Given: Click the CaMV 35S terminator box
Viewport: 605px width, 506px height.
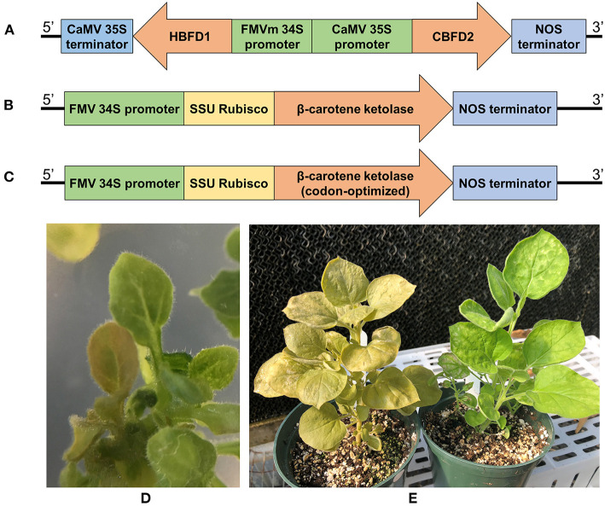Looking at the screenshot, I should point(97,38).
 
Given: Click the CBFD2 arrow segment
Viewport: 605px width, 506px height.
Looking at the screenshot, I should point(451,38).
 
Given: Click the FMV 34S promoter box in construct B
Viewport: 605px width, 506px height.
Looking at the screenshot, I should point(124,109).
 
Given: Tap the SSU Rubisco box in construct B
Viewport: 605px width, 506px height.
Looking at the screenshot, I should point(229,109).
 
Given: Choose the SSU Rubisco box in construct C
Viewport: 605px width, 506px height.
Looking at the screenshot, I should point(229,183).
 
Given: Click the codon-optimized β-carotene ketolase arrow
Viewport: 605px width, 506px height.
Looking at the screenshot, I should point(358,183).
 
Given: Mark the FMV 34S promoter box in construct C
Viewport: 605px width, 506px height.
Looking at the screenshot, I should point(124,183).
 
